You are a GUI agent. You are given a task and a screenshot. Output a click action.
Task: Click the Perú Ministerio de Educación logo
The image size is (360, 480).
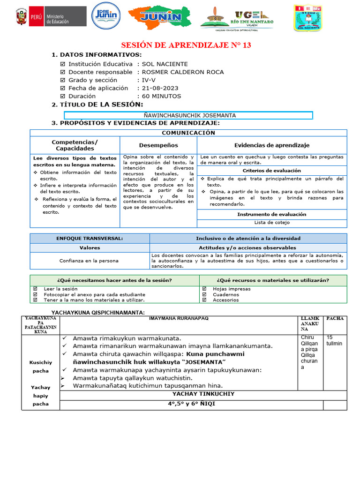pyautogui.click(x=50, y=18)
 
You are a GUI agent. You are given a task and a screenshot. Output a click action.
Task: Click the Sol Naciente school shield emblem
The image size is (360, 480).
pyautogui.click(x=307, y=18)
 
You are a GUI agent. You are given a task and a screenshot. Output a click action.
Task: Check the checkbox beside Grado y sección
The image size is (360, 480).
pyautogui.click(x=63, y=80)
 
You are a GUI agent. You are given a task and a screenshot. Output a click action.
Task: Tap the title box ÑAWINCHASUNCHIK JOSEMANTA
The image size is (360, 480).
pyautogui.click(x=188, y=115)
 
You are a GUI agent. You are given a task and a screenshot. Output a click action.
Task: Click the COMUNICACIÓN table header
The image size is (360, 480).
pyautogui.click(x=188, y=133)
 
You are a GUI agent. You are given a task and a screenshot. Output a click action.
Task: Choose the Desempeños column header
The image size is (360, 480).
pyautogui.click(x=158, y=145)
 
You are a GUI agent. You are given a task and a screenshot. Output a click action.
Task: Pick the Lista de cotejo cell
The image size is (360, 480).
pyautogui.click(x=272, y=223)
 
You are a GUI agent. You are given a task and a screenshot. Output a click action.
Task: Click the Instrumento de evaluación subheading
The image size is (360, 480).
pyautogui.click(x=272, y=214)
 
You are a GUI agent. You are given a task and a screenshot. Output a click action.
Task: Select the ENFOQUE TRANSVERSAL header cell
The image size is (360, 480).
pyautogui.click(x=90, y=238)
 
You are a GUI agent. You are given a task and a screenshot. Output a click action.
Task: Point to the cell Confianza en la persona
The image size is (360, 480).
pyautogui.click(x=89, y=261)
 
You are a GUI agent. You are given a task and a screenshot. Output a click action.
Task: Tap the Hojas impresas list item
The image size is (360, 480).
pyautogui.click(x=232, y=289)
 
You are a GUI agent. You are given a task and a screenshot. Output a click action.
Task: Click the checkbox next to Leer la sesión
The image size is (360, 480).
pyautogui.click(x=35, y=289)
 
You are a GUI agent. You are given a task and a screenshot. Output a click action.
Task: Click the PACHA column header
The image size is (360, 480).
pyautogui.click(x=335, y=318)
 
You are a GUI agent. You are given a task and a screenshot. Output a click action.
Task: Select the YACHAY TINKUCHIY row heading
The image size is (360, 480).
pyautogui.click(x=203, y=394)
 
